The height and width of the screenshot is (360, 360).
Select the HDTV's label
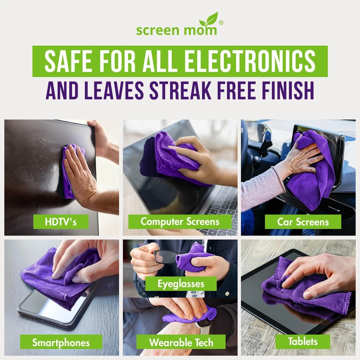[61, 222]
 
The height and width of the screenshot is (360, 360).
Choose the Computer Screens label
[180, 222]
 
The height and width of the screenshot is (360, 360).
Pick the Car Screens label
[303, 222]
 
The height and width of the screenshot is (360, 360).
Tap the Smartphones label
[61, 342]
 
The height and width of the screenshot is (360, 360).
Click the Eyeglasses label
[181, 283]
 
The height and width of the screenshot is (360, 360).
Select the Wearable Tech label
[181, 342]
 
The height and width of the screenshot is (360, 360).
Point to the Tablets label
[303, 342]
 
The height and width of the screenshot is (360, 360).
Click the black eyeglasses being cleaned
[165, 257]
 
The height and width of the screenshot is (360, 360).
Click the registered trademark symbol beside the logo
[221, 22]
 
